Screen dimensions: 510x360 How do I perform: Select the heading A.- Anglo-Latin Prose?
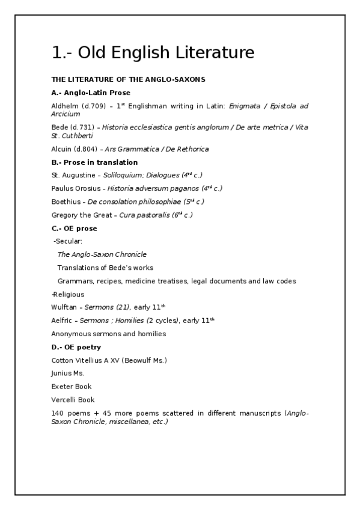(91, 93)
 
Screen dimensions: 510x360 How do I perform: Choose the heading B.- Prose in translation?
(94, 162)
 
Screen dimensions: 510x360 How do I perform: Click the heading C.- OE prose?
(74, 229)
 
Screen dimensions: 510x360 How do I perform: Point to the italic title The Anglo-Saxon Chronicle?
(102, 254)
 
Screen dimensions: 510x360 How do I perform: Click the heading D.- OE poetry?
(76, 347)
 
